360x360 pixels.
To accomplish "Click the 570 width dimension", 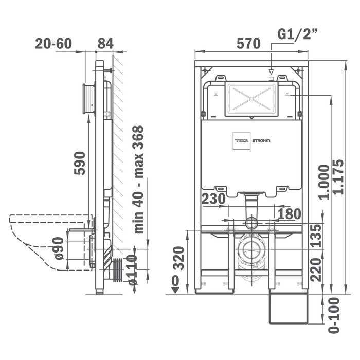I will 249,44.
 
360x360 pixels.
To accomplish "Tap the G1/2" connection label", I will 298,34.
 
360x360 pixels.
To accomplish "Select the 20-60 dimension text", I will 53,44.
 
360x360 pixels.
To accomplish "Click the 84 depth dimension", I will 105,44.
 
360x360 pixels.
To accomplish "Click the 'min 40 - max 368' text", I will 138,179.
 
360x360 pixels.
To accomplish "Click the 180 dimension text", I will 290,213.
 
